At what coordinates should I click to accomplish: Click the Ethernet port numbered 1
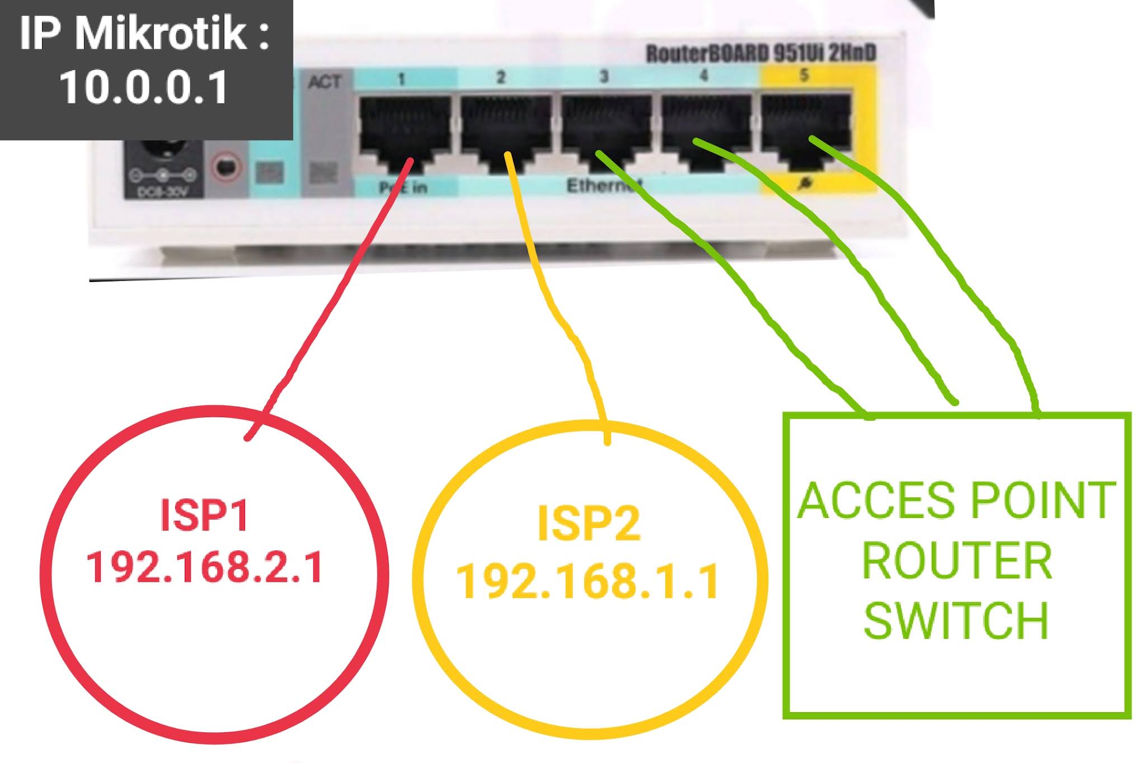tap(404, 131)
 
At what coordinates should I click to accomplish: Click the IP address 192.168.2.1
tap(204, 567)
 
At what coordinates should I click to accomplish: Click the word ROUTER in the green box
tap(957, 561)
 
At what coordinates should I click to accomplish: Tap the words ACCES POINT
tap(957, 500)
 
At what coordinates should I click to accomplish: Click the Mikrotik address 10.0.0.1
tap(144, 88)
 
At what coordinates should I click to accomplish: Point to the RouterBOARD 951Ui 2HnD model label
tap(761, 54)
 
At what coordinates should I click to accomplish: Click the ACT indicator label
tap(324, 82)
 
